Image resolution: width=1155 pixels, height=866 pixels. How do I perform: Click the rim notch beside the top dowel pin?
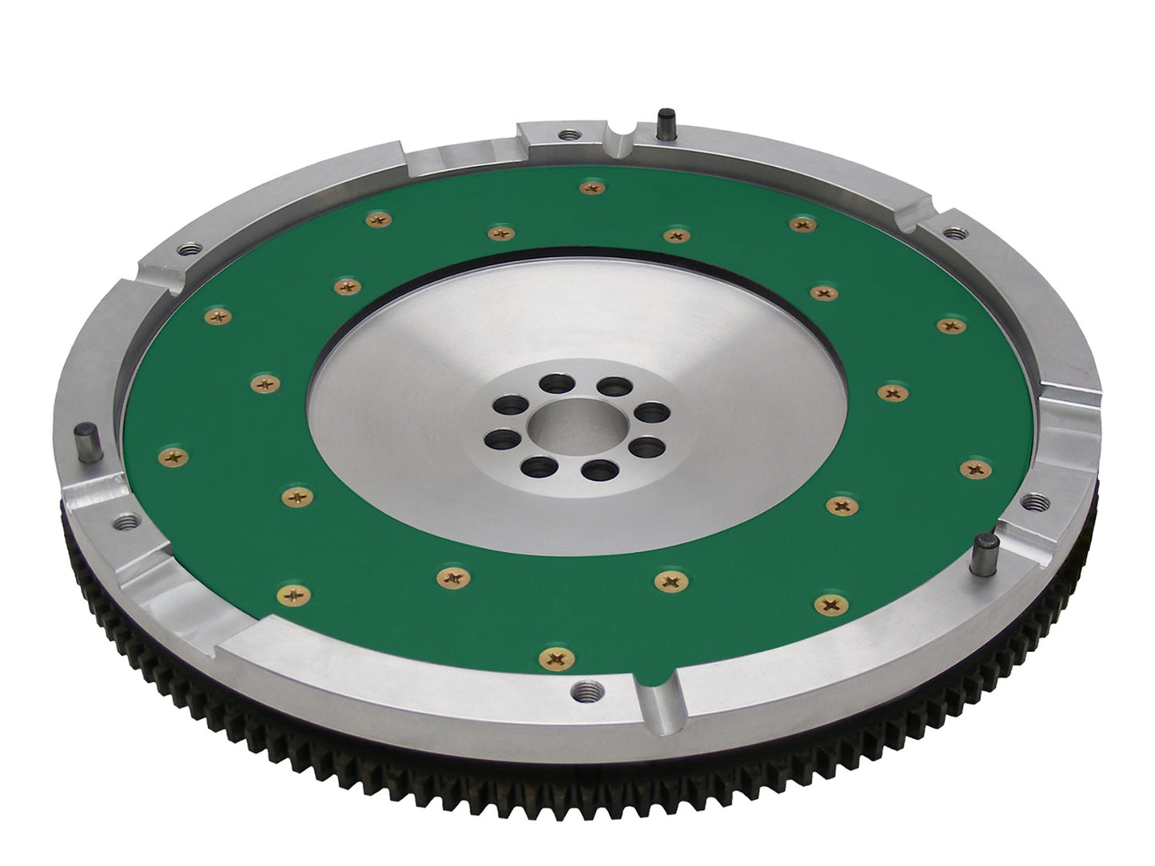623,131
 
